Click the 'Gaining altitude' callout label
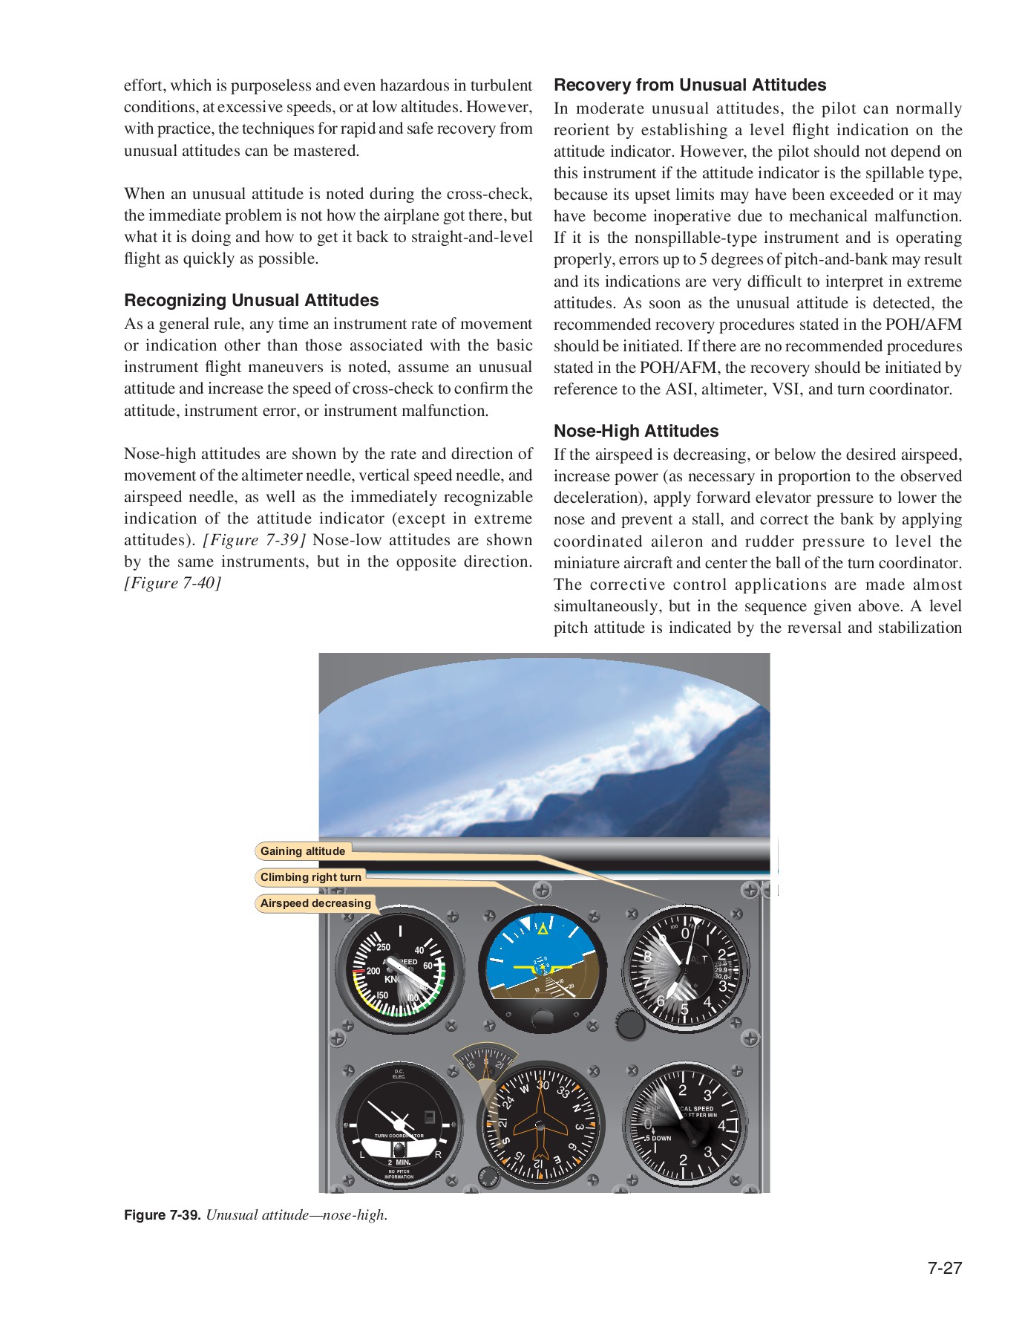coord(302,851)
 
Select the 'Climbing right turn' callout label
coord(310,877)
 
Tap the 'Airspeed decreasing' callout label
coord(315,903)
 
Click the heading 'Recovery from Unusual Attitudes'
coord(690,85)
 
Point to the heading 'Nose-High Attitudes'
coord(636,431)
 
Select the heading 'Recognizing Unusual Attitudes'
coord(251,300)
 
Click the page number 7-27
coord(944,1268)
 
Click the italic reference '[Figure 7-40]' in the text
coord(172,583)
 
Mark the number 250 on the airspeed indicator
coord(383,947)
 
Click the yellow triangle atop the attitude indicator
coord(543,928)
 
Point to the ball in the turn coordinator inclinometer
coord(399,1150)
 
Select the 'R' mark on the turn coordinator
coord(438,1154)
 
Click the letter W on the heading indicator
coord(524,1090)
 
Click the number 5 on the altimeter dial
coord(684,1009)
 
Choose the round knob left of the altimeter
coord(631,1024)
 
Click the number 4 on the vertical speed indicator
coord(721,1126)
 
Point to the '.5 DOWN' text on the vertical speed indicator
coord(658,1138)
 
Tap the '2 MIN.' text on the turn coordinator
coord(399,1162)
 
